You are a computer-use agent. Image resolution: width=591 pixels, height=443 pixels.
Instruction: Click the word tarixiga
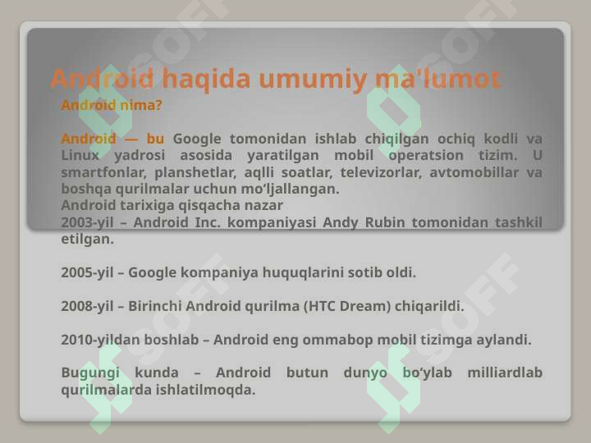(144, 205)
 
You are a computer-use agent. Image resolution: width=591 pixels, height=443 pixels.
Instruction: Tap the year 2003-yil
(86, 222)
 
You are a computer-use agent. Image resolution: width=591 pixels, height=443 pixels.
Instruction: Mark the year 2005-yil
(86, 272)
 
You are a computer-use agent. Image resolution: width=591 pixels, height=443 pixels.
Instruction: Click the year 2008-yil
(86, 306)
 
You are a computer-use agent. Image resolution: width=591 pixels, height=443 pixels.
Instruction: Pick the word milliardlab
(504, 373)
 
